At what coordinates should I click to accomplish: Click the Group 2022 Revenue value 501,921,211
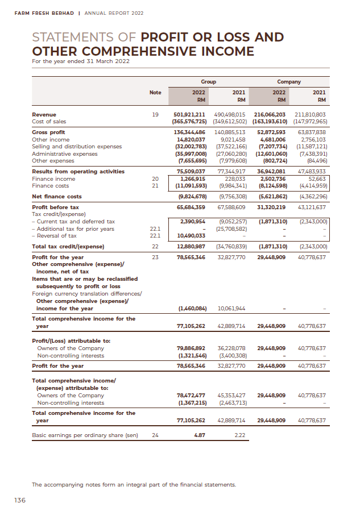[x=189, y=114]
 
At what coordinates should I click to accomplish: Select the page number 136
[x=20, y=500]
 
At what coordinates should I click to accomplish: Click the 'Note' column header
[x=155, y=92]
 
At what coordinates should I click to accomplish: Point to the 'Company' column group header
[x=289, y=82]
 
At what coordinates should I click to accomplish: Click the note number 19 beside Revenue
[x=155, y=114]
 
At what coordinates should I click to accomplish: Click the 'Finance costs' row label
[x=50, y=185]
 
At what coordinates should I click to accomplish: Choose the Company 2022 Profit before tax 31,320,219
[x=271, y=207]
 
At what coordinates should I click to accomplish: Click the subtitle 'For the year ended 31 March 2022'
[x=72, y=61]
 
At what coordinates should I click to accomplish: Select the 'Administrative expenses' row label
[x=64, y=153]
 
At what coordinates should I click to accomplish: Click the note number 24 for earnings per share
[x=155, y=436]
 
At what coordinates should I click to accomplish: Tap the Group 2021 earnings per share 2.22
[x=239, y=436]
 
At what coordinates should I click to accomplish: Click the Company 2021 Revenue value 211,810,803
[x=309, y=114]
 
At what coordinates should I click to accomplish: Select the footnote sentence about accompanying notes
[x=133, y=484]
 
